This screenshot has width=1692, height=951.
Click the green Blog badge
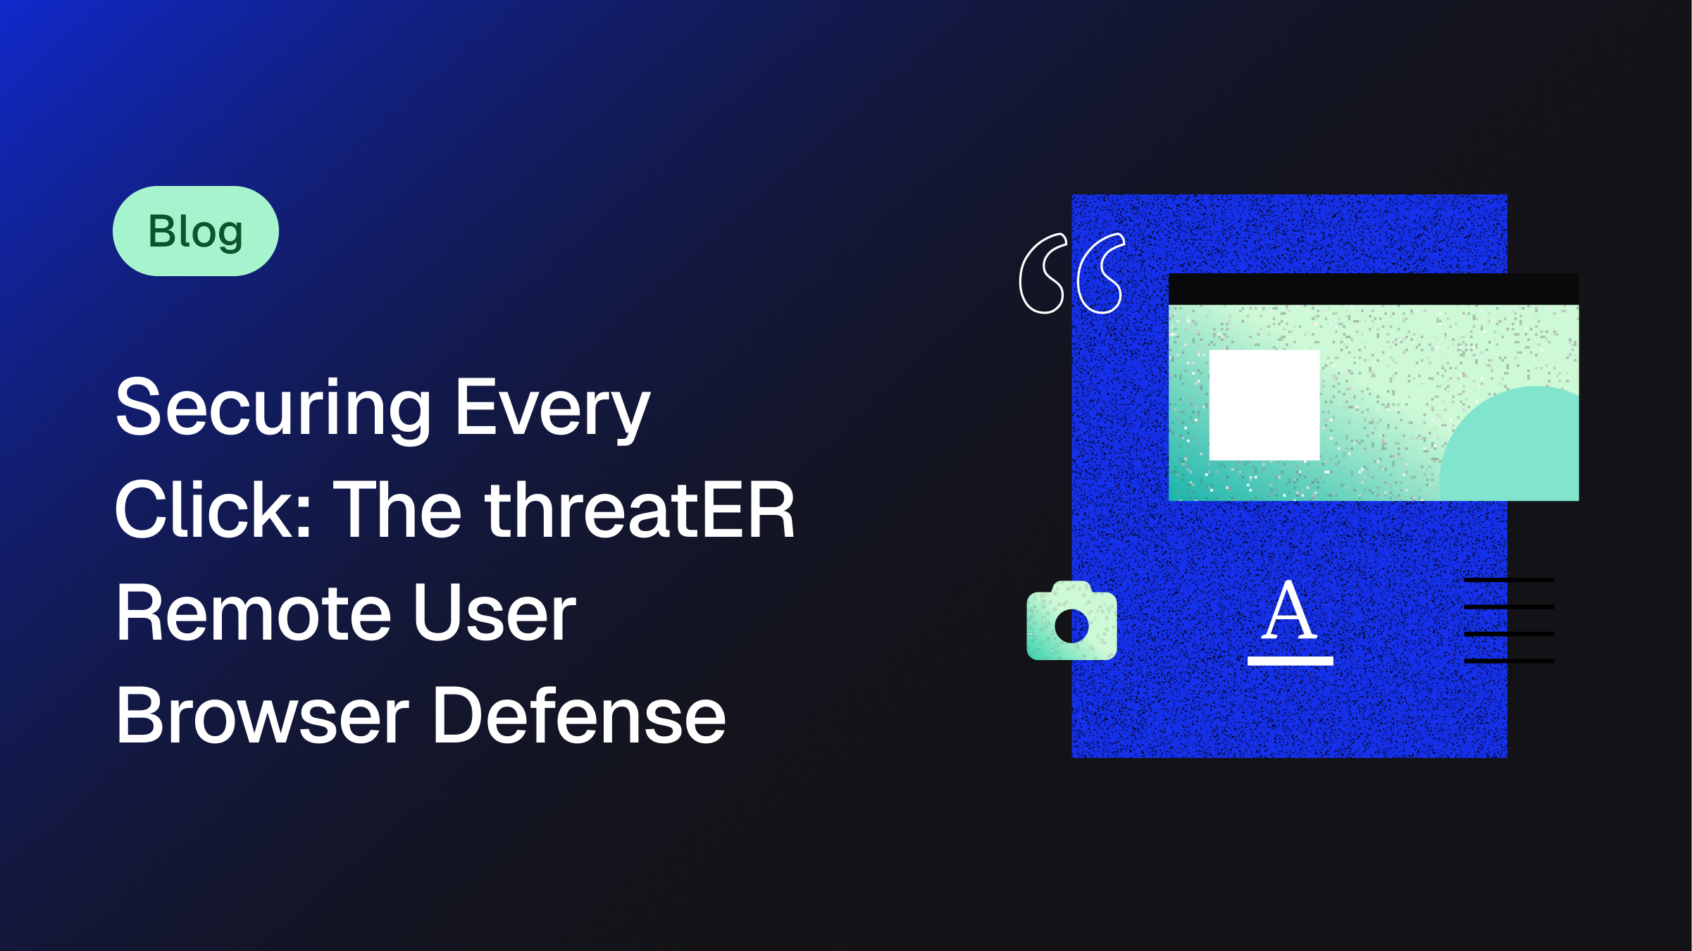click(196, 231)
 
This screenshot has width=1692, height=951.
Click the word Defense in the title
click(580, 716)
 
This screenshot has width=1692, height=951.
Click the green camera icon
click(1071, 621)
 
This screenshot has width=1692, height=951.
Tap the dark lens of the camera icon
click(1071, 626)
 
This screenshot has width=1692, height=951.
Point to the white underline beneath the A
click(1290, 661)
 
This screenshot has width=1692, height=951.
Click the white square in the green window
click(1264, 405)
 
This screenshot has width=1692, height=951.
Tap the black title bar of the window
click(1374, 289)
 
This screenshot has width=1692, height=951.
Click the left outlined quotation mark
click(1043, 273)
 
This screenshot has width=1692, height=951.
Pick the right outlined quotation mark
click(1101, 273)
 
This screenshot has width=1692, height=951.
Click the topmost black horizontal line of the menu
click(1509, 580)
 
